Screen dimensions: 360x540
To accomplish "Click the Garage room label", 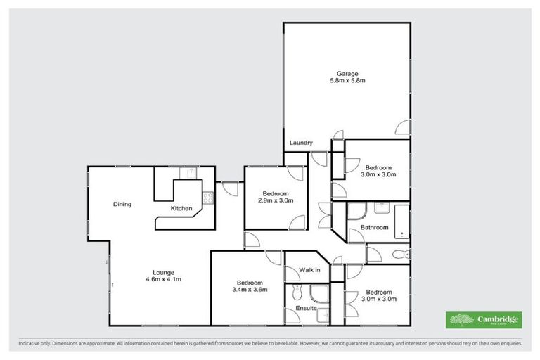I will click(x=347, y=73).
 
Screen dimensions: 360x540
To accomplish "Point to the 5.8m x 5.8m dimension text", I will click(x=347, y=82).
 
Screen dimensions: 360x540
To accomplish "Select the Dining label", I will click(x=122, y=205).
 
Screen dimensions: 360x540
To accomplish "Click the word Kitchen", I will click(x=181, y=208).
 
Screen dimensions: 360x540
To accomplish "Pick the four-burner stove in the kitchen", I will click(x=207, y=198).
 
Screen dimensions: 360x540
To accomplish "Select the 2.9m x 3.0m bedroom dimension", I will click(x=276, y=201).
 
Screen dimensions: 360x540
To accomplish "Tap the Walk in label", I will click(x=309, y=269).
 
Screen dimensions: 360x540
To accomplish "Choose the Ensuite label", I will click(x=305, y=309).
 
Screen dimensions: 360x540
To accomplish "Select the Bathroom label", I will click(x=374, y=227).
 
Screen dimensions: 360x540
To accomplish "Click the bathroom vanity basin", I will click(x=380, y=207).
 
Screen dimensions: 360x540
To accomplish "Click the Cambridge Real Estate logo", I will click(x=484, y=320).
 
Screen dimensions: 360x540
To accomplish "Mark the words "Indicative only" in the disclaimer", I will click(x=34, y=343).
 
